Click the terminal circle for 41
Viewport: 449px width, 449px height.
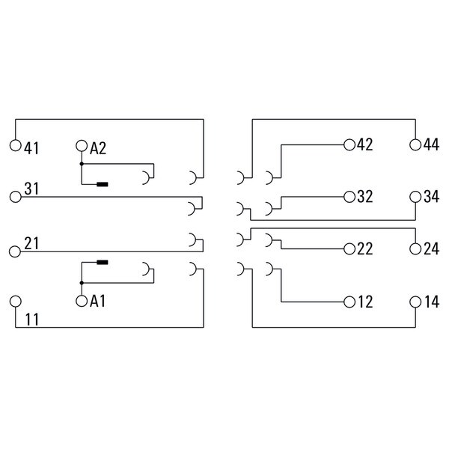click(x=16, y=145)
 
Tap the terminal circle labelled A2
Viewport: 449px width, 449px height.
click(x=82, y=146)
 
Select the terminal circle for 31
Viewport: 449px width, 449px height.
click(x=16, y=197)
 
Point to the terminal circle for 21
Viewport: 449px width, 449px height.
click(x=15, y=251)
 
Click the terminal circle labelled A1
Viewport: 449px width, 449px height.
click(x=82, y=301)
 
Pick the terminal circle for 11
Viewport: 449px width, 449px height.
click(x=16, y=302)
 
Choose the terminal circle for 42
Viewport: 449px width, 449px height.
click(x=349, y=145)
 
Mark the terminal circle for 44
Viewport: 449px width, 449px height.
click(x=415, y=145)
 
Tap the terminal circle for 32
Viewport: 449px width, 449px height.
click(x=349, y=197)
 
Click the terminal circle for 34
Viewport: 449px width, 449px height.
click(x=415, y=197)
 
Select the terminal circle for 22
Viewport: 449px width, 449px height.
click(x=349, y=249)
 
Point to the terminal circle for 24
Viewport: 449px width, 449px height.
click(x=415, y=249)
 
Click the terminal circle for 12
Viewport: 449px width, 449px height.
click(x=349, y=302)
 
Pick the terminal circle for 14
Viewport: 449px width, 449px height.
click(x=415, y=302)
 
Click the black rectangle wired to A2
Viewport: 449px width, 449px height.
click(x=103, y=184)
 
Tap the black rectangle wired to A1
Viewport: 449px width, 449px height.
click(x=103, y=262)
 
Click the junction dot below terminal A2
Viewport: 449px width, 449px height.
click(x=82, y=164)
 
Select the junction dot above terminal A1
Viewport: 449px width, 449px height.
click(x=82, y=283)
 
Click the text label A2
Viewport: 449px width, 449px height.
click(x=98, y=148)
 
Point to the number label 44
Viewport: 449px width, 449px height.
click(x=431, y=144)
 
